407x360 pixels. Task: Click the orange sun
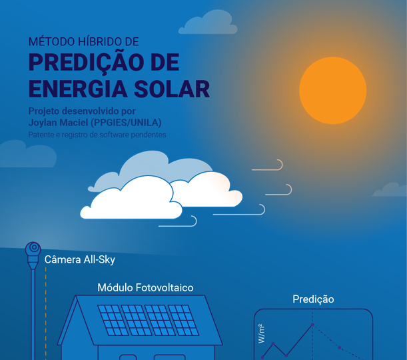pyautogui.click(x=333, y=91)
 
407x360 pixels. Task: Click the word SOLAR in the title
pyautogui.click(x=172, y=89)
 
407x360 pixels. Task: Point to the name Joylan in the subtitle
pyautogui.click(x=42, y=123)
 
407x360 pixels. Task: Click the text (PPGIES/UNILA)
pyautogui.click(x=126, y=123)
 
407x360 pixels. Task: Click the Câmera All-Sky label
pyautogui.click(x=80, y=259)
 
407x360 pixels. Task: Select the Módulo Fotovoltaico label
pyautogui.click(x=145, y=287)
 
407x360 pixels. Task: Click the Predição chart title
pyautogui.click(x=313, y=299)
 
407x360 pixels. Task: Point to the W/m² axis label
pyautogui.click(x=261, y=334)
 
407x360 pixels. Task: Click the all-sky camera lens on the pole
pyautogui.click(x=33, y=247)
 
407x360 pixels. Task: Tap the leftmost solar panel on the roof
pyautogui.click(x=113, y=320)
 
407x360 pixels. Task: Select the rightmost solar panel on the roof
pyautogui.click(x=183, y=320)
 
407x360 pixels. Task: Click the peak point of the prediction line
pyautogui.click(x=312, y=325)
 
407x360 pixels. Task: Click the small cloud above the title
pyautogui.click(x=208, y=22)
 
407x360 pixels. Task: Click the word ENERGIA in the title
pyautogui.click(x=78, y=89)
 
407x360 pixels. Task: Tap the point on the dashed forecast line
pyautogui.click(x=339, y=347)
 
